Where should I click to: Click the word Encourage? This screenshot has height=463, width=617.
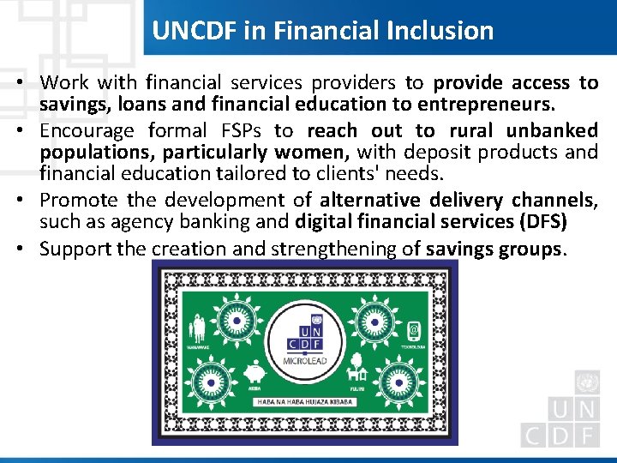(x=87, y=130)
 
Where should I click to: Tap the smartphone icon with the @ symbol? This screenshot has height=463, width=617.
(x=412, y=328)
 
